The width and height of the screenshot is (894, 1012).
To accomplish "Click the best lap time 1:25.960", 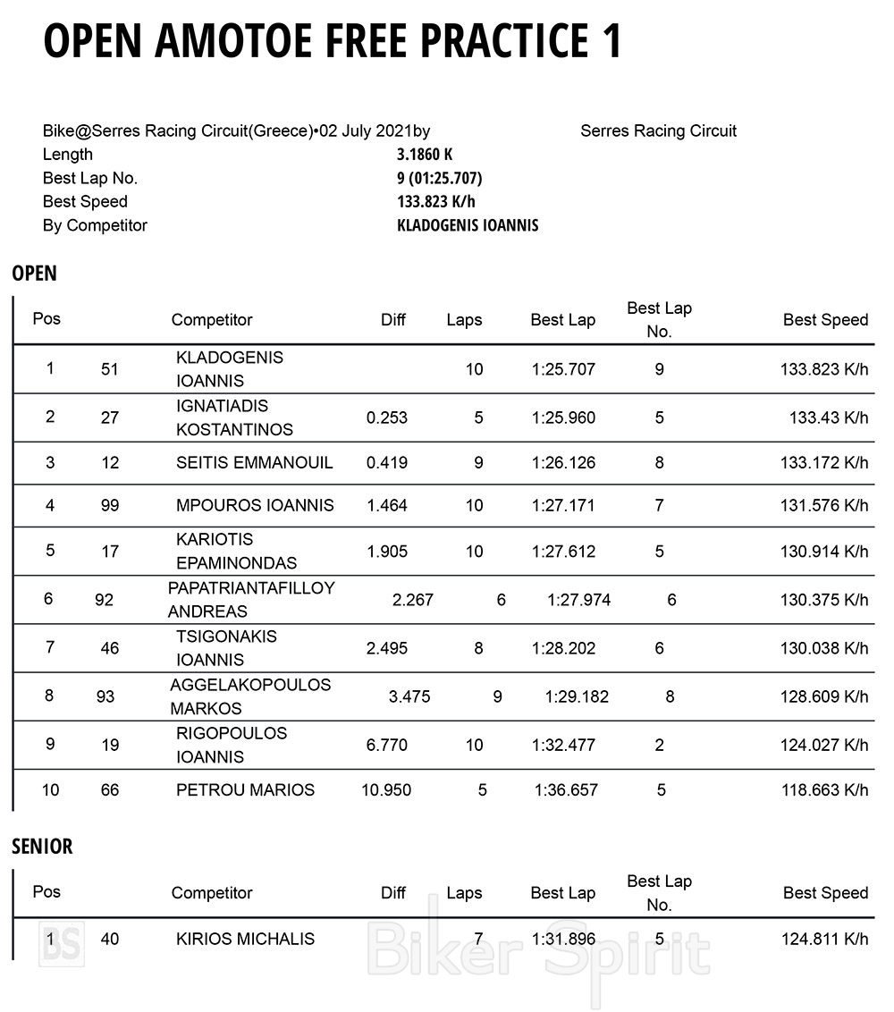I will pos(562,417).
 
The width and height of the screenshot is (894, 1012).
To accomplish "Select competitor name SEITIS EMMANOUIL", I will pos(254,462).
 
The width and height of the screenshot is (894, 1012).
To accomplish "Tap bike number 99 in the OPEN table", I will pos(110,505).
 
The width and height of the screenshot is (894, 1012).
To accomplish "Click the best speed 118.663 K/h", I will pos(823,789).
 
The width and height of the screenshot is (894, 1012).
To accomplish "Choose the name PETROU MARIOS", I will pos(245,789).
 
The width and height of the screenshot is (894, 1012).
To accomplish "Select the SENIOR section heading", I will pos(42,846).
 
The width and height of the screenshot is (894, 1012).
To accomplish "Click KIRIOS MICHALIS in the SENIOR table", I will pos(245,939).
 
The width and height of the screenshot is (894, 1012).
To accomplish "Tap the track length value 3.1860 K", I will pos(425,155).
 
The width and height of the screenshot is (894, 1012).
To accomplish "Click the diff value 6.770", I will pos(387,745).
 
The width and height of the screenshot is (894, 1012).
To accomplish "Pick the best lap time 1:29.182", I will pos(577,696).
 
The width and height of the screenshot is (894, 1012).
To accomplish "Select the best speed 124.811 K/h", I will pos(823,939).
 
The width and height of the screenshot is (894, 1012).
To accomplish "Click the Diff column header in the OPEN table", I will pos(393,320).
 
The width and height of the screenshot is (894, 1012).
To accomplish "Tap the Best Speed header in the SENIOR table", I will pos(825,892).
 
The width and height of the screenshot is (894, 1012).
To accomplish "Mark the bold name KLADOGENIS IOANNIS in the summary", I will pos(468,225).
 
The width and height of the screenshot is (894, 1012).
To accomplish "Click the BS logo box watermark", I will pos(61,942).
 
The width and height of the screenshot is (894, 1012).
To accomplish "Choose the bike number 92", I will pos(105,600).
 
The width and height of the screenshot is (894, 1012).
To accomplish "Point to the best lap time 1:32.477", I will pos(562,745).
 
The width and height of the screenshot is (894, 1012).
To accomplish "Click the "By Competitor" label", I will pos(95,225).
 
